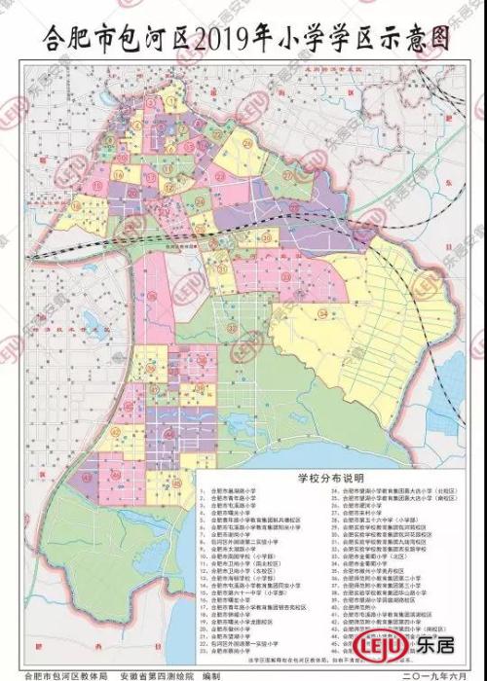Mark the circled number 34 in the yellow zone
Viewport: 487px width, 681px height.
321,313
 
